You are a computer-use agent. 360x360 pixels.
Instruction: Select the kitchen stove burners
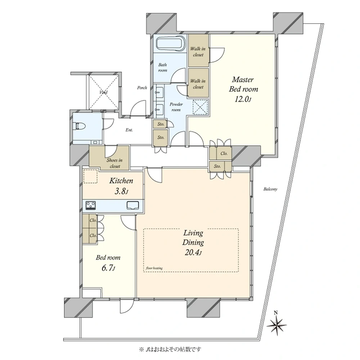click(x=91, y=205)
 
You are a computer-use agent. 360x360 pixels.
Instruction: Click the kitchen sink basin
click(x=133, y=205)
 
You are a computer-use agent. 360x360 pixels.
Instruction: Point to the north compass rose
click(x=277, y=324)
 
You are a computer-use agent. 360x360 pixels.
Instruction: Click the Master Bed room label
click(x=243, y=84)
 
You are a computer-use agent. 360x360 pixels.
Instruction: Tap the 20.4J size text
click(x=193, y=253)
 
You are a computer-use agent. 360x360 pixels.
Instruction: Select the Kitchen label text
click(x=121, y=181)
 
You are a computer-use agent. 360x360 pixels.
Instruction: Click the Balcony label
click(x=270, y=189)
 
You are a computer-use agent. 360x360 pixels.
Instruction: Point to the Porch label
click(x=142, y=88)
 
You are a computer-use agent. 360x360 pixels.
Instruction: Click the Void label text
click(x=104, y=92)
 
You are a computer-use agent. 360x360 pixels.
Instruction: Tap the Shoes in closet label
click(x=114, y=163)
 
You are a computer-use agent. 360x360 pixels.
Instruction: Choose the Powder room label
click(x=176, y=107)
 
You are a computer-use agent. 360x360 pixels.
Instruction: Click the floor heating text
click(x=154, y=268)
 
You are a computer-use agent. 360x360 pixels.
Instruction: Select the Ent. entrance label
click(x=129, y=130)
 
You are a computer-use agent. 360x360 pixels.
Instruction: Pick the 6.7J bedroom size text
click(x=108, y=268)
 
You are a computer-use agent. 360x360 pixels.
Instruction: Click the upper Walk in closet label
click(x=198, y=51)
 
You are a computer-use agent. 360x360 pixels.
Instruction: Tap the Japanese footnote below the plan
click(x=170, y=350)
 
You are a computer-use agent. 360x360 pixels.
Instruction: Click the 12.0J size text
click(x=243, y=99)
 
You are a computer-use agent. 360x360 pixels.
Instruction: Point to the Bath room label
click(x=163, y=68)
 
